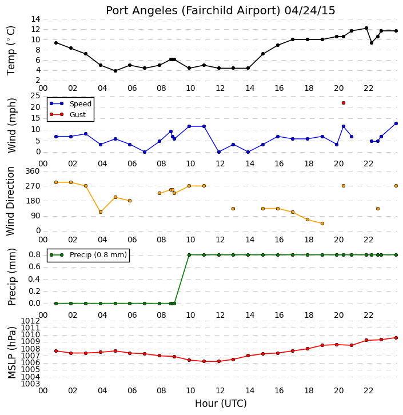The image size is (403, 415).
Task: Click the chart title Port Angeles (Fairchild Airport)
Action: (193, 11)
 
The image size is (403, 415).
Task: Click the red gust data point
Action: (344, 103)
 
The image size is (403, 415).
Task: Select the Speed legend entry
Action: (71, 104)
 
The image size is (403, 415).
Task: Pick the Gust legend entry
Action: (68, 114)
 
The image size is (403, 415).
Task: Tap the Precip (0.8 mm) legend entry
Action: (89, 255)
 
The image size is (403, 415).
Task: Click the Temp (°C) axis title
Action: (11, 50)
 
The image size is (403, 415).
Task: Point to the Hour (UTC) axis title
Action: (221, 404)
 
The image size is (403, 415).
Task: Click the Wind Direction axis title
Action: (10, 201)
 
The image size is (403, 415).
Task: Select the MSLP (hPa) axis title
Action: (11, 353)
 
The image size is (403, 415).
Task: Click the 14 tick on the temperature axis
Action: (35, 19)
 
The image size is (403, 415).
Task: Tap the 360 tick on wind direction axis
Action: (32, 171)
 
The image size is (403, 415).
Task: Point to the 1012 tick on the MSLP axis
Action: (30, 321)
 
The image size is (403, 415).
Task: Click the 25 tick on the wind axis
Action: (35, 96)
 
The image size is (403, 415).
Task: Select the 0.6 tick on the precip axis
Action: (34, 267)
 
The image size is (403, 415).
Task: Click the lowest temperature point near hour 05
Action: (115, 71)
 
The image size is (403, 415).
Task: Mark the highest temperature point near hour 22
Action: (366, 28)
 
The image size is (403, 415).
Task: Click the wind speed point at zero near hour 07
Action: (145, 152)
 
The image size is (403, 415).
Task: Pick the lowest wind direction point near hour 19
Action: (322, 224)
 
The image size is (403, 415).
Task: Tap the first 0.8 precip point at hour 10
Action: (189, 255)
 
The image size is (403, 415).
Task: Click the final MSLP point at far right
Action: (396, 338)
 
